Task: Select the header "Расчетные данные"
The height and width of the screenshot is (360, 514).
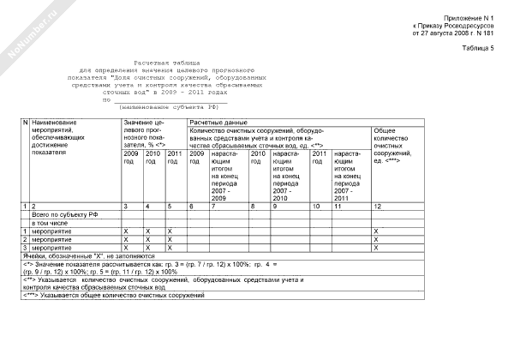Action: coord(218,123)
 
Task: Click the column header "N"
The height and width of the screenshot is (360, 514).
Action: coord(25,123)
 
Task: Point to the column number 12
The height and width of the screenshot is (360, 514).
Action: coord(377,207)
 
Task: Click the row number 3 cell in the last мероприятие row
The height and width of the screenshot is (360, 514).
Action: coord(25,248)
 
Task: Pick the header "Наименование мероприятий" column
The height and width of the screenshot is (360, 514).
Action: coord(60,136)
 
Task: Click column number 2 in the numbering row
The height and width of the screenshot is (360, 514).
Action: coord(34,207)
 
